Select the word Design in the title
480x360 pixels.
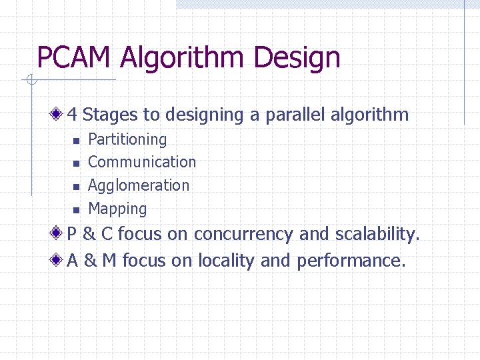point(297,58)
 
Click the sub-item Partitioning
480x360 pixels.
point(127,139)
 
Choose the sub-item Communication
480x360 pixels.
point(142,162)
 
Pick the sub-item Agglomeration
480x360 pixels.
point(139,185)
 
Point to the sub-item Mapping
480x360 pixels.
point(117,209)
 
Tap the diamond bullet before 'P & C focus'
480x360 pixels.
point(58,234)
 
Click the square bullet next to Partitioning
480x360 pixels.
point(76,141)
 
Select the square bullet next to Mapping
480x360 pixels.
point(76,210)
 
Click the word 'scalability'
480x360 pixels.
point(376,234)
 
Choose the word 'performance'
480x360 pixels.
point(351,261)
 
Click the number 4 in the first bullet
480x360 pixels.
point(72,115)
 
